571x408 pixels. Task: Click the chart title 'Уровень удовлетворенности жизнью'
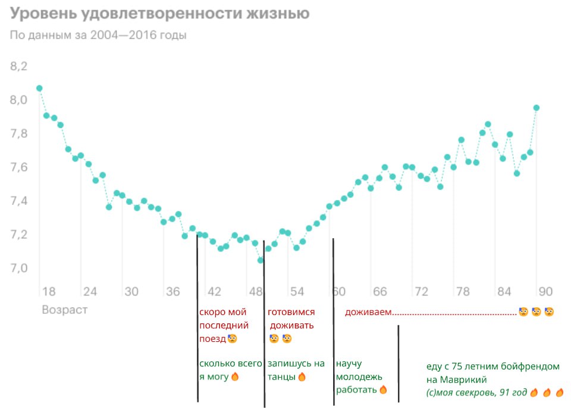159,14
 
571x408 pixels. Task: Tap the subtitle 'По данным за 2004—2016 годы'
98,35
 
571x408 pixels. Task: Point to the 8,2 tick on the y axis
19,66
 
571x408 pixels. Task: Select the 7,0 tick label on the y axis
19,269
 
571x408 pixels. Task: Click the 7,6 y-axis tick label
19,167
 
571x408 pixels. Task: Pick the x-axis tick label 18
49,292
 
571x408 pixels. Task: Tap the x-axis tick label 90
545,292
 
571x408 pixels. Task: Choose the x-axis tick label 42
214,292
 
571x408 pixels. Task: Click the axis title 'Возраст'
64,310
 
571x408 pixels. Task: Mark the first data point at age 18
39,88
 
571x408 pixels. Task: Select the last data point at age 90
537,108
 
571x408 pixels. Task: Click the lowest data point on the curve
261,260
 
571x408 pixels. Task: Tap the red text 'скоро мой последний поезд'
224,325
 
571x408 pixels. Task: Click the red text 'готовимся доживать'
291,319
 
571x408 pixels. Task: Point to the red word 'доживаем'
368,313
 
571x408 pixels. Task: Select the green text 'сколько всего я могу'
230,370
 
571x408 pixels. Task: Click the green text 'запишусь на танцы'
296,370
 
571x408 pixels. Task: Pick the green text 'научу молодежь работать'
359,376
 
